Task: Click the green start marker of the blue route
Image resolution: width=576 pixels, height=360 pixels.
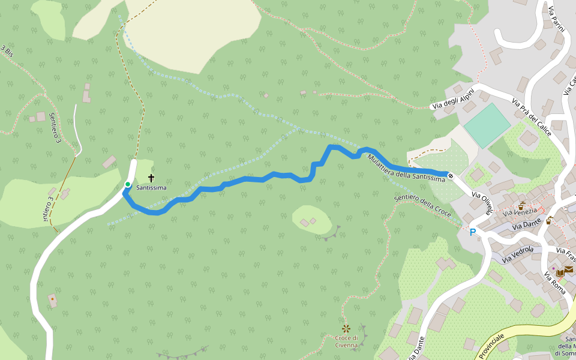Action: [127, 184]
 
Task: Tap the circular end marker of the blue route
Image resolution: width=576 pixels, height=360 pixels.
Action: [450, 175]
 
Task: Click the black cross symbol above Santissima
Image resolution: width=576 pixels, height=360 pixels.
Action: [151, 178]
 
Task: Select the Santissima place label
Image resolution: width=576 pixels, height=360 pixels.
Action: [151, 188]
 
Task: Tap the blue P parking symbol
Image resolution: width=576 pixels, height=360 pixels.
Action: [473, 232]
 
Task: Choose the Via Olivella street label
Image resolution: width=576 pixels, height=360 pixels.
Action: [482, 203]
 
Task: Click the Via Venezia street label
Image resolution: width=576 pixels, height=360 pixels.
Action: [520, 212]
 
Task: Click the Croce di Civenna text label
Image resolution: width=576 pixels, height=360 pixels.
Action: [347, 341]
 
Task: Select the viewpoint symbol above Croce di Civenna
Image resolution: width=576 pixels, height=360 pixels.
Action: [346, 328]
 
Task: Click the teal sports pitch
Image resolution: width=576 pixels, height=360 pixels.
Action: [487, 125]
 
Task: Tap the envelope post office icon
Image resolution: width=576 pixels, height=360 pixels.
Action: [568, 269]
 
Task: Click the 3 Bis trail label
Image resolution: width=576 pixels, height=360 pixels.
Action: [7, 50]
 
